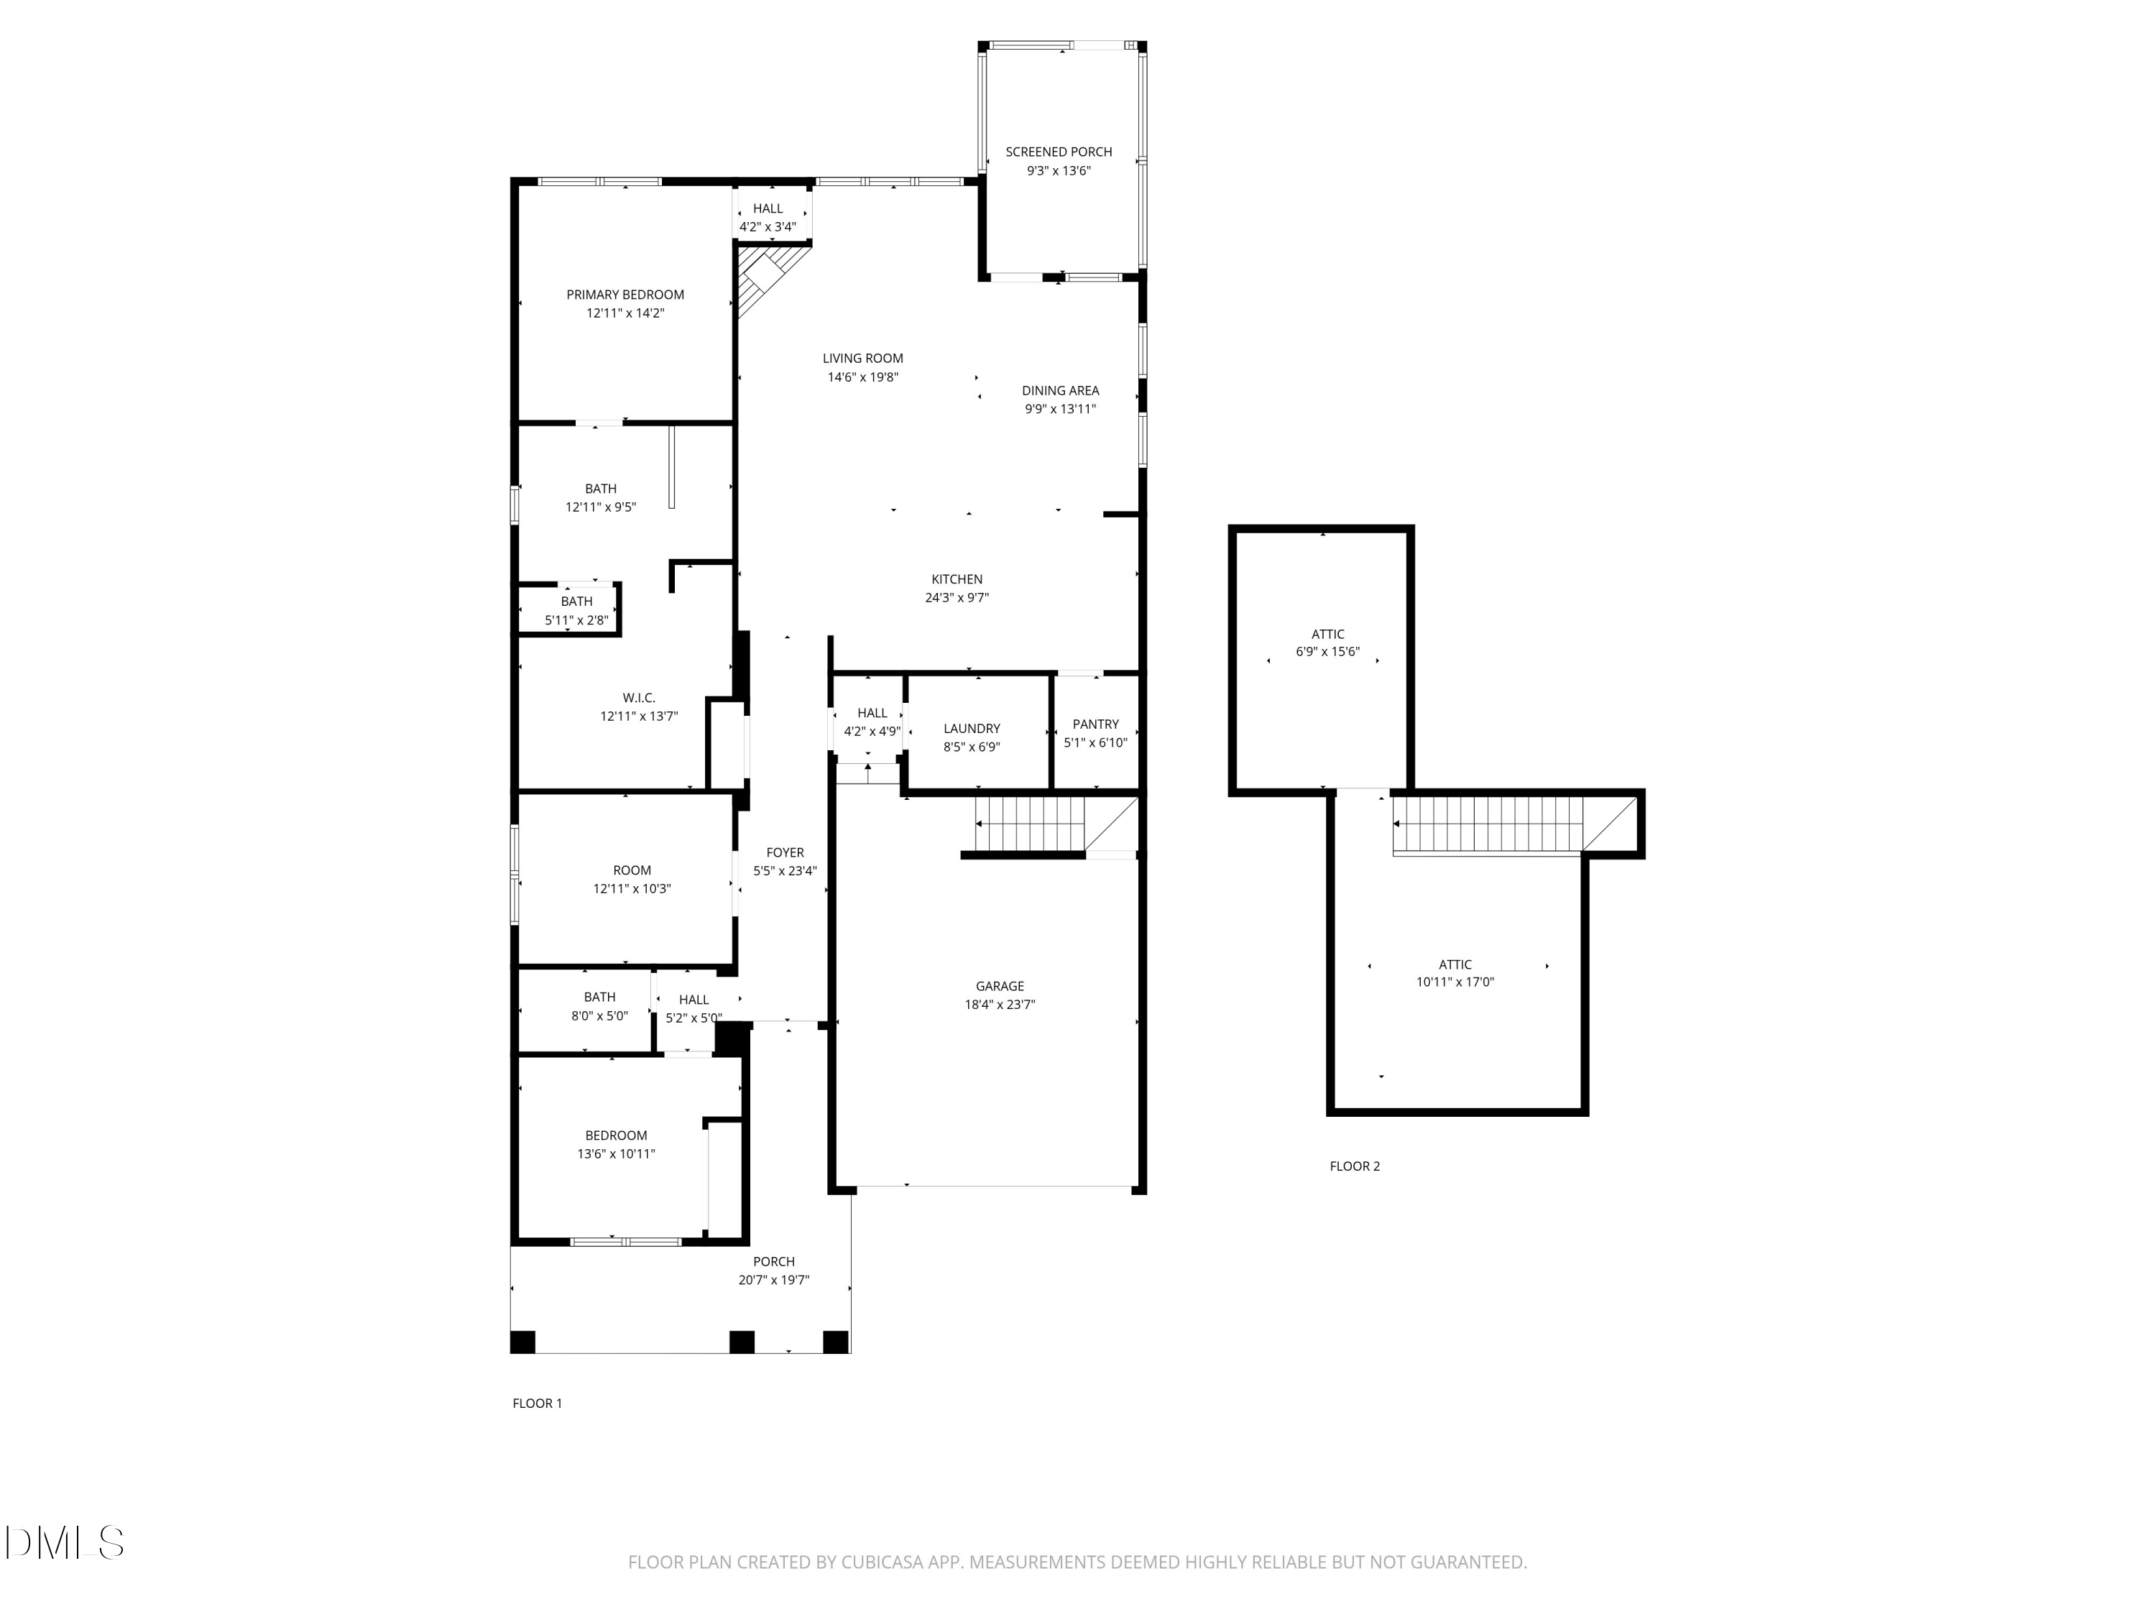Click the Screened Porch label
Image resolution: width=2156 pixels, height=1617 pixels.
[1059, 152]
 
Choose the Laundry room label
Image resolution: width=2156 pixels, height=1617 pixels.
[972, 729]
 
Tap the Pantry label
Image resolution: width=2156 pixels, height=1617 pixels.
[1095, 724]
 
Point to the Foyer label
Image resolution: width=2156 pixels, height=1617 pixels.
[785, 853]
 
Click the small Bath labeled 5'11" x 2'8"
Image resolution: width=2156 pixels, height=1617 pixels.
[576, 611]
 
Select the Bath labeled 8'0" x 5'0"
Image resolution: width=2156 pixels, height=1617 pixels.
[599, 1006]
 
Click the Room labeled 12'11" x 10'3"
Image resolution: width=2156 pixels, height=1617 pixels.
[632, 879]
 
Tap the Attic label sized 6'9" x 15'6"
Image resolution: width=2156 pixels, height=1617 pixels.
[1327, 643]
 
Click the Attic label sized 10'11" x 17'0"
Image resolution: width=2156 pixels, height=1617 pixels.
[1455, 973]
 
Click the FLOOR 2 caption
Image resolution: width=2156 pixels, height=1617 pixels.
[1355, 1166]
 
